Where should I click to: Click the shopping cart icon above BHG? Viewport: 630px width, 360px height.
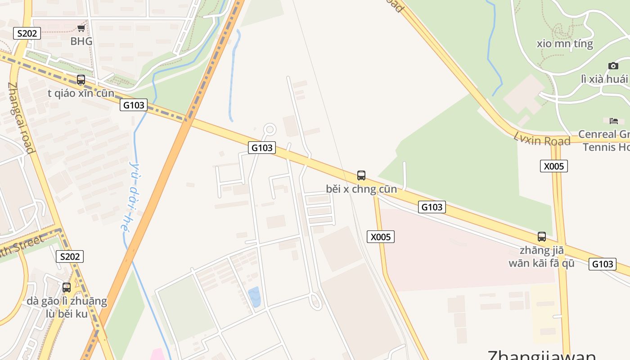81,29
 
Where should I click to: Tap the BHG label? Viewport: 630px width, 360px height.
81,41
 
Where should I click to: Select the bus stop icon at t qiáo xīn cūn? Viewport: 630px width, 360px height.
81,80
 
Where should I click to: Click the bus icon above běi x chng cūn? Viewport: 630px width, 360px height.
361,175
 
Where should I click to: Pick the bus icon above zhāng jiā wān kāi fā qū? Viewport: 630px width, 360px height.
542,237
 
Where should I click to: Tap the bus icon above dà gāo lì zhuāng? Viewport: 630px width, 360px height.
67,287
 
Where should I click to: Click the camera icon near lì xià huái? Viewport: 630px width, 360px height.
613,66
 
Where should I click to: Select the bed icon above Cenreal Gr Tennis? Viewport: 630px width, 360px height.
614,121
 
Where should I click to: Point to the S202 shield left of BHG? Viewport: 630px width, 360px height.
27,33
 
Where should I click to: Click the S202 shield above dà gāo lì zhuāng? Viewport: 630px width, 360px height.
70,256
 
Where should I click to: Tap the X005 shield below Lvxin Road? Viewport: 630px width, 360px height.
553,166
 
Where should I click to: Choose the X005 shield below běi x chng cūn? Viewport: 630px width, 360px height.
380,237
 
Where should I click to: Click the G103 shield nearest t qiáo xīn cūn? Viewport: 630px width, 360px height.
134,105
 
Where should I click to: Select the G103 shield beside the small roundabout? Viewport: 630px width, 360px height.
261,148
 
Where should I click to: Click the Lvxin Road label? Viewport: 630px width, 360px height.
542,139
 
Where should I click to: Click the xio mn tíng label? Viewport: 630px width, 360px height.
565,44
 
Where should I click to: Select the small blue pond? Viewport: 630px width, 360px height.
255,297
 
